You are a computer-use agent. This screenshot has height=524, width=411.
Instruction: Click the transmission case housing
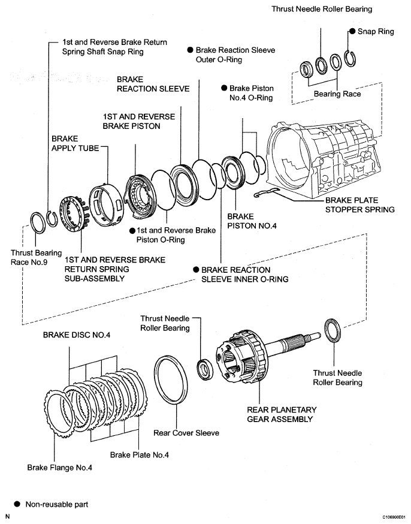[x=327, y=156]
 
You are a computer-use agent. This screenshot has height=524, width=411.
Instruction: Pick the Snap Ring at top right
[x=352, y=61]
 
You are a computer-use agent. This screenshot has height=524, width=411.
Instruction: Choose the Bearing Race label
[x=337, y=94]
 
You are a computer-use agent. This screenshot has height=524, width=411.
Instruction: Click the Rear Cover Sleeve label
[x=186, y=432]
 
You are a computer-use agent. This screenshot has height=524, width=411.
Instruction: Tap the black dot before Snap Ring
[x=353, y=31]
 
